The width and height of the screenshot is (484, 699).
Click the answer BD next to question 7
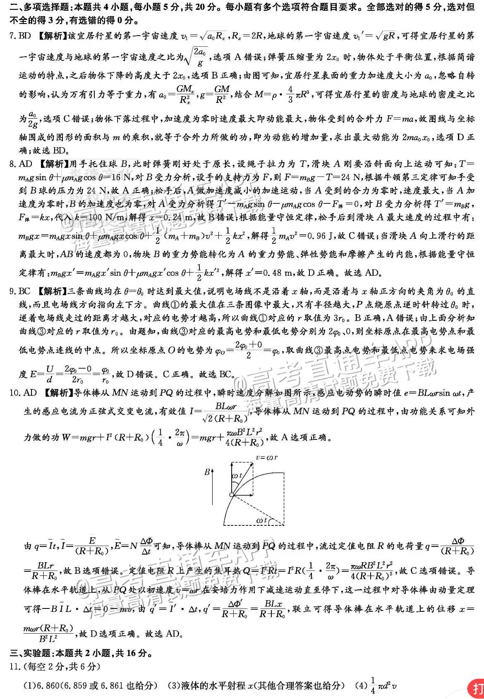tap(25, 36)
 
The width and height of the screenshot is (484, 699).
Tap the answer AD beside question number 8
tap(25, 165)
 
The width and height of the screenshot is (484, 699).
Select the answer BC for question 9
tap(25, 291)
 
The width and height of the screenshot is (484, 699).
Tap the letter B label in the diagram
tap(207, 472)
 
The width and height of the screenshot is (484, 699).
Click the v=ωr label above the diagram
tap(267, 457)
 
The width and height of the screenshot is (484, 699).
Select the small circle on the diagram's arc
tap(231, 495)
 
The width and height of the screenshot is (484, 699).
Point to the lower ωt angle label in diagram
tap(261, 520)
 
